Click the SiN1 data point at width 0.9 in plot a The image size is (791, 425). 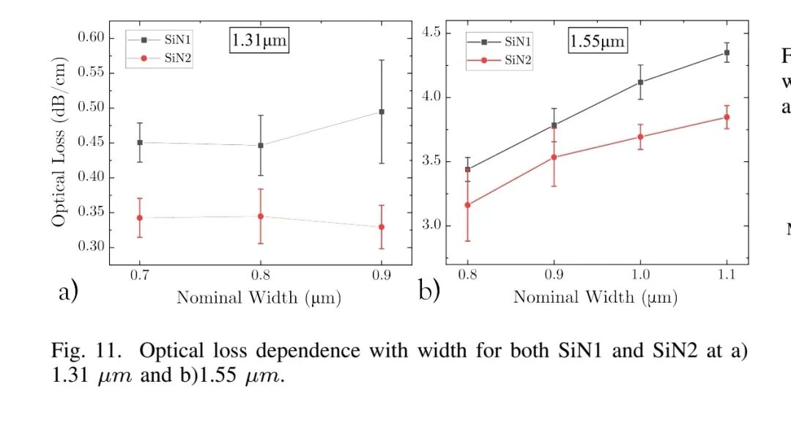pyautogui.click(x=381, y=111)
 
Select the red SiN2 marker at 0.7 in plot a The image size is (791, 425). pyautogui.click(x=139, y=218)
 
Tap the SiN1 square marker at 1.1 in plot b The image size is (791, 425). pyautogui.click(x=727, y=53)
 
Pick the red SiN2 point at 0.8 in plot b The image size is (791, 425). pyautogui.click(x=467, y=205)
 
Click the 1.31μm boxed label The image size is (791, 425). pyautogui.click(x=259, y=40)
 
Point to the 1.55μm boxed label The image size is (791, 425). pyautogui.click(x=598, y=41)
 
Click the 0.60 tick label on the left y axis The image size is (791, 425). pyautogui.click(x=92, y=38)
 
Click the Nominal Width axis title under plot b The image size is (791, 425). pyautogui.click(x=595, y=297)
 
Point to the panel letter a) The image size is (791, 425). pyautogui.click(x=67, y=292)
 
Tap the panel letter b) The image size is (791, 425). pyautogui.click(x=429, y=291)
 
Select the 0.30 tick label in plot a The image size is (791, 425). pyautogui.click(x=92, y=247)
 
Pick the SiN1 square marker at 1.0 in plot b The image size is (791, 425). pyautogui.click(x=640, y=82)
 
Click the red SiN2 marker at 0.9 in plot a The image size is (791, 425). pyautogui.click(x=381, y=226)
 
